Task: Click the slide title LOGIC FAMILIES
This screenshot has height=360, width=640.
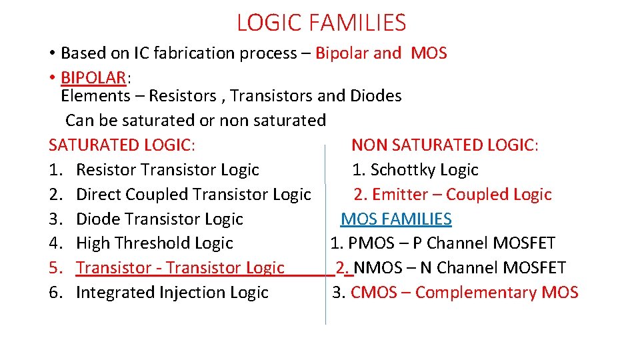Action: pyautogui.click(x=321, y=23)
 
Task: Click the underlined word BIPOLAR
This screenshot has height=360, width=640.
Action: pyautogui.click(x=93, y=78)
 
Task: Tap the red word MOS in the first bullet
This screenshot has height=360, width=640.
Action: pyautogui.click(x=429, y=53)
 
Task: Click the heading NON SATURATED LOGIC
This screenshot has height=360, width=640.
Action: pyautogui.click(x=445, y=145)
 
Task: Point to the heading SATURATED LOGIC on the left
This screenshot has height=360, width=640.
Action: pyautogui.click(x=122, y=145)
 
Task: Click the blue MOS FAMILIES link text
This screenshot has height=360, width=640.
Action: pyautogui.click(x=396, y=219)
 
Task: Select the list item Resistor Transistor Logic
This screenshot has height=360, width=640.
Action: pyautogui.click(x=167, y=170)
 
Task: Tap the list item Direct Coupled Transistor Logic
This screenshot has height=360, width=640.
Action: pyautogui.click(x=193, y=195)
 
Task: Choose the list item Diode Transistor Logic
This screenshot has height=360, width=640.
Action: pyautogui.click(x=159, y=219)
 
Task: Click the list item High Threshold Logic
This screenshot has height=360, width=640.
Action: pyautogui.click(x=154, y=243)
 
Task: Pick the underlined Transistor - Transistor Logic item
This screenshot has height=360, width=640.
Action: pyautogui.click(x=180, y=268)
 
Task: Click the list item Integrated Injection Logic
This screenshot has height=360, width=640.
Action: pyautogui.click(x=172, y=293)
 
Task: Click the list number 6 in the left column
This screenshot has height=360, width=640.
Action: pyautogui.click(x=55, y=293)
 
